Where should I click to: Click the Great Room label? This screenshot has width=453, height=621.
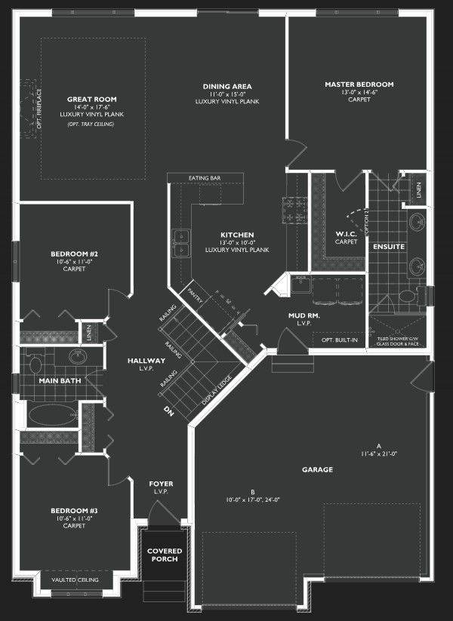[x=91, y=99]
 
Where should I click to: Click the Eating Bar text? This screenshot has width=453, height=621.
[x=205, y=179]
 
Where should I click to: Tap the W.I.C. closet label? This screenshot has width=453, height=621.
[x=346, y=235]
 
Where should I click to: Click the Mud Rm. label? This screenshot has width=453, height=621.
[x=304, y=315]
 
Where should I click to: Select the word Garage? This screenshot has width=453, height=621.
[x=318, y=469]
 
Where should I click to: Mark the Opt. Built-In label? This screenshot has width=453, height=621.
[x=340, y=340]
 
